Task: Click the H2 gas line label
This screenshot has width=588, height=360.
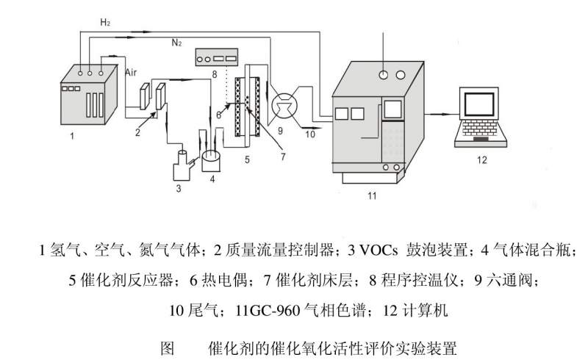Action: [105, 23]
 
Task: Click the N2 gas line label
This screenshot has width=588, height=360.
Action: [176, 43]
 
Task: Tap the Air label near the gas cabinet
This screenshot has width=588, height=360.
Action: [132, 73]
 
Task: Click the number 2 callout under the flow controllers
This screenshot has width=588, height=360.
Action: [137, 132]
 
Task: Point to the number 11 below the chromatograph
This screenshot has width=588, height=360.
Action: [371, 196]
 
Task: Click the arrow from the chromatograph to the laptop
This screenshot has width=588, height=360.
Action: [440, 113]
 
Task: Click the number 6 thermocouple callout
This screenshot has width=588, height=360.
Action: [218, 114]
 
